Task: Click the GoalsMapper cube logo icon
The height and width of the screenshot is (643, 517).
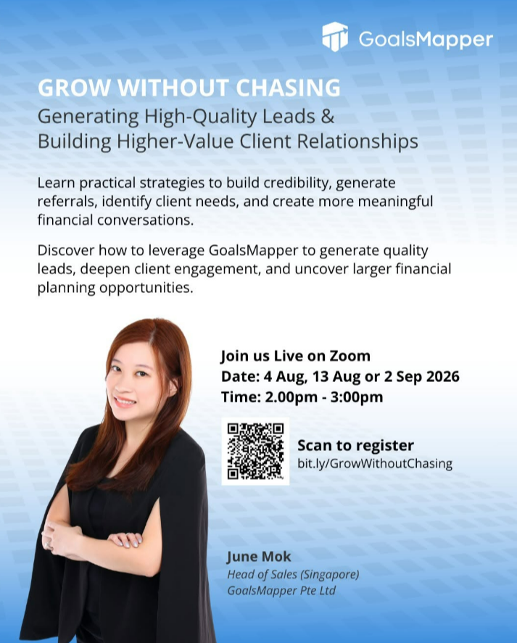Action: (335, 37)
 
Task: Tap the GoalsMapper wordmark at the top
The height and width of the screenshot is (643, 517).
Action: (426, 39)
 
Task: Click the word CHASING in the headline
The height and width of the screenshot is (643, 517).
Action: (288, 87)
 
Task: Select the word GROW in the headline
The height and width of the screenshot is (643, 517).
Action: (74, 87)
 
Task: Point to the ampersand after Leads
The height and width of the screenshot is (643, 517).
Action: (328, 116)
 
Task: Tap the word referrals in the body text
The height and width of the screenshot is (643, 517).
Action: (67, 202)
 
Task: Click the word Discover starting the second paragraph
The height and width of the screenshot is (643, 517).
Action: (66, 250)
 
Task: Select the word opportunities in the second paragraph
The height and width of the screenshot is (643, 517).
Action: (146, 288)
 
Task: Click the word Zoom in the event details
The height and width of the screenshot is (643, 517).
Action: (350, 355)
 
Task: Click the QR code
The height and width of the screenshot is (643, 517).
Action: (255, 451)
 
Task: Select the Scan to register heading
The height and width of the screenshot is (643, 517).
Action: (356, 445)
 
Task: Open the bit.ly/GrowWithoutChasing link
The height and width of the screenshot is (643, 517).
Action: (375, 463)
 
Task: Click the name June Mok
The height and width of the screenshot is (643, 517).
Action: (259, 557)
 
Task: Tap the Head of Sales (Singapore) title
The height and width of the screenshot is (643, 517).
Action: (294, 575)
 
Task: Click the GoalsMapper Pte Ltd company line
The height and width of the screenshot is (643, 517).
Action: (281, 591)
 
